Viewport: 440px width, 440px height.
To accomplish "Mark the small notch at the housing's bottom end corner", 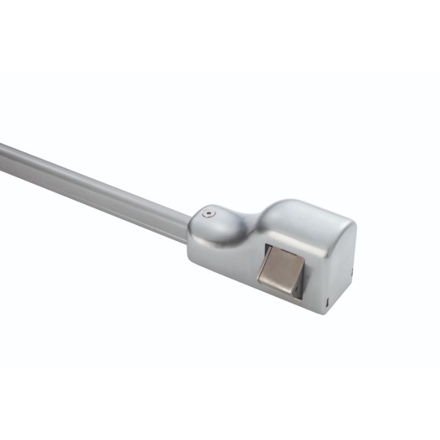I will tap(328, 302).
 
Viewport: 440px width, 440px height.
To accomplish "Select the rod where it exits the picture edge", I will tap(3, 151).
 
